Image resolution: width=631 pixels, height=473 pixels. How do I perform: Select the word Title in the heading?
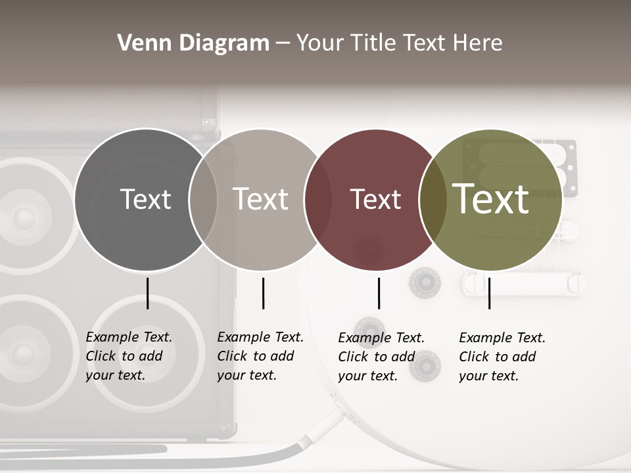tap(373, 43)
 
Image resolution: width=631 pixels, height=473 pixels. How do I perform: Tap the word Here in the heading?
tap(478, 43)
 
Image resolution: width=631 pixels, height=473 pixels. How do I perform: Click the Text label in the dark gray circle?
tap(145, 199)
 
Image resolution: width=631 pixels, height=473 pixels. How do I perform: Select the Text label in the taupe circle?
tap(260, 199)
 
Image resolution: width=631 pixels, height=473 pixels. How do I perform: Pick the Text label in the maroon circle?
tap(375, 199)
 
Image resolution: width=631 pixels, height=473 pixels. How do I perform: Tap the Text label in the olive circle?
tap(491, 198)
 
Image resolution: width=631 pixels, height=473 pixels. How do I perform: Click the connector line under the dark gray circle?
tap(147, 293)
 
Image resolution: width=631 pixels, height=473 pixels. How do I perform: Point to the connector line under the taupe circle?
tap(263, 293)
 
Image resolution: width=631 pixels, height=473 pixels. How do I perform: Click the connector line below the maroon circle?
tap(379, 293)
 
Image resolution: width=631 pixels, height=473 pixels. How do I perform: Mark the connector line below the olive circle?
tap(489, 293)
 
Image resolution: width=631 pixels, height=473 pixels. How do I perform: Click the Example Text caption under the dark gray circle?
tap(128, 356)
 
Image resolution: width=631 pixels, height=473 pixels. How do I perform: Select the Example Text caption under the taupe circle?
tap(260, 356)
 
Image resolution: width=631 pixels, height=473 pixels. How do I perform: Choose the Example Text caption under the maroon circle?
tap(381, 357)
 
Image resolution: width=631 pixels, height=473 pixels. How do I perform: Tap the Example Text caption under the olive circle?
tap(502, 357)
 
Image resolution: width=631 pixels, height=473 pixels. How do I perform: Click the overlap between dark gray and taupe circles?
tap(203, 199)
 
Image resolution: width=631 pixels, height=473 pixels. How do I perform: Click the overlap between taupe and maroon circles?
tap(317, 199)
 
